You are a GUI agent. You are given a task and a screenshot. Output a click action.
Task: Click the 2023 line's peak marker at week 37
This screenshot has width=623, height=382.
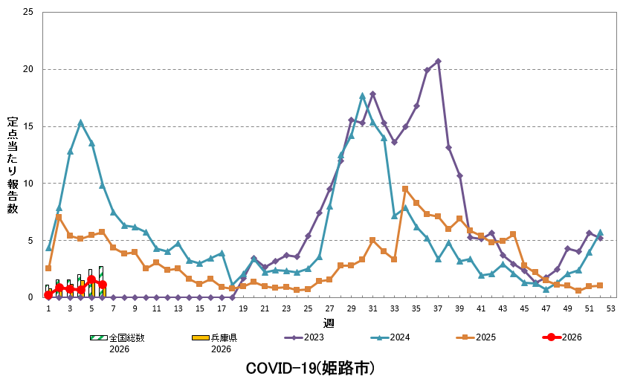(438, 61)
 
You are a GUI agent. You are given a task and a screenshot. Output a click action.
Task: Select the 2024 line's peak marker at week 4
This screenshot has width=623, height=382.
(80, 123)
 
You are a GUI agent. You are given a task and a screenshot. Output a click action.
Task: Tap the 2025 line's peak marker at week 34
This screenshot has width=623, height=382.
(405, 189)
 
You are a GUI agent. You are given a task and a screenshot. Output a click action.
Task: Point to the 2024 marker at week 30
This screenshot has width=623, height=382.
(362, 96)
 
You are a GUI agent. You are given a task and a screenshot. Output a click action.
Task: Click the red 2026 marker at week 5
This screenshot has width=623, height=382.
(91, 279)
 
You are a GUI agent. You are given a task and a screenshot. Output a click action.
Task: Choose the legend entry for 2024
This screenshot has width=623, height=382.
(390, 337)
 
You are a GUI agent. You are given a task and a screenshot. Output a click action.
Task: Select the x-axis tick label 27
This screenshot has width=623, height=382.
(330, 308)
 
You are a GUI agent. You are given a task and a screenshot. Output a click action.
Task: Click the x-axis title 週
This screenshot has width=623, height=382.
(329, 323)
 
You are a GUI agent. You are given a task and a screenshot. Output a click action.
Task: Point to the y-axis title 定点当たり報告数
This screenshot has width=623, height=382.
(13, 165)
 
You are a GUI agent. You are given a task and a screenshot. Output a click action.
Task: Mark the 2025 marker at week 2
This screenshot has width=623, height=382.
(59, 217)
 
